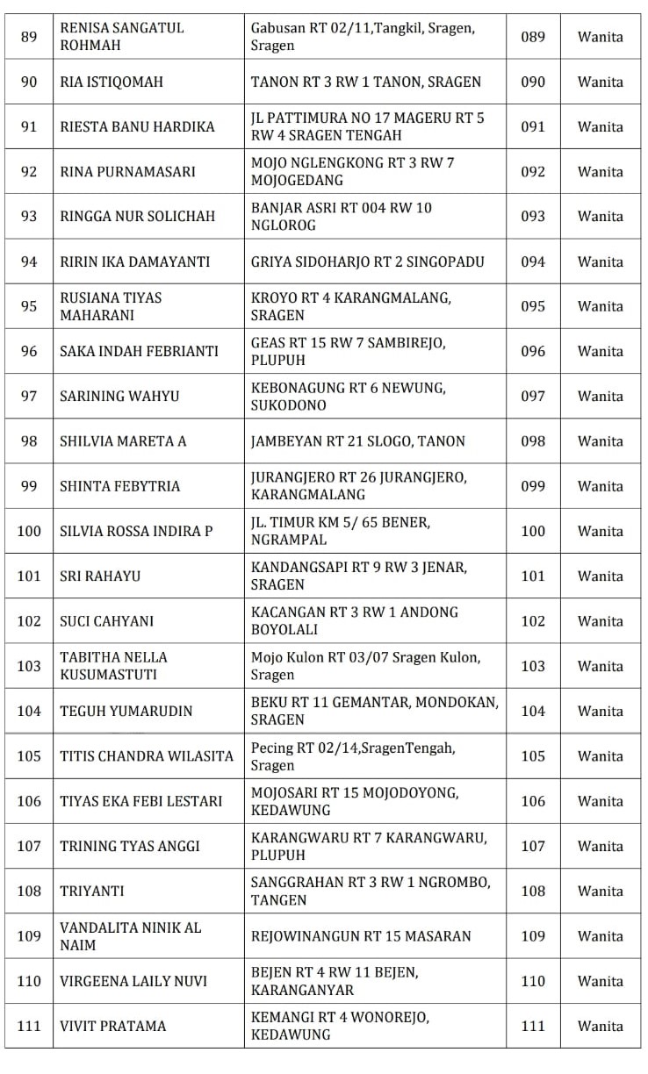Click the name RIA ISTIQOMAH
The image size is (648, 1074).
[x=112, y=82]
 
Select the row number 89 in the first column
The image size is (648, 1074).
[x=29, y=37]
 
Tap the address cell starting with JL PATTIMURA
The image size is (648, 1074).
[x=367, y=126]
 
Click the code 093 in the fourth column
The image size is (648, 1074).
[x=533, y=216]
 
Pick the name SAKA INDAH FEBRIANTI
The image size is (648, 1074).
[x=139, y=351]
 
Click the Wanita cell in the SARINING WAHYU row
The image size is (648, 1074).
[x=601, y=396]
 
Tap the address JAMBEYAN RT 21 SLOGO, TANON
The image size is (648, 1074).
[x=358, y=440]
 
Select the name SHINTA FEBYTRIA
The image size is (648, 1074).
[x=119, y=486]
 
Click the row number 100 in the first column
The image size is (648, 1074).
[x=29, y=531]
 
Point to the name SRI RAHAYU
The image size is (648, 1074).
[x=100, y=576]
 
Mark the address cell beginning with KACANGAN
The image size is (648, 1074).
[x=355, y=620]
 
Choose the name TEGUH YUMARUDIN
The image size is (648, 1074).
[x=126, y=711]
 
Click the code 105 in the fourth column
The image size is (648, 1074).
[x=533, y=755]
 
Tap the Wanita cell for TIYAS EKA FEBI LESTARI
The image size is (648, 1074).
[x=601, y=800]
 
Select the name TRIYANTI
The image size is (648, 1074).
[x=92, y=891]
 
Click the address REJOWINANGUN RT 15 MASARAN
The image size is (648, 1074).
[x=361, y=935]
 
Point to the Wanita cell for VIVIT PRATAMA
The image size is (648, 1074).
[x=601, y=1026]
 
